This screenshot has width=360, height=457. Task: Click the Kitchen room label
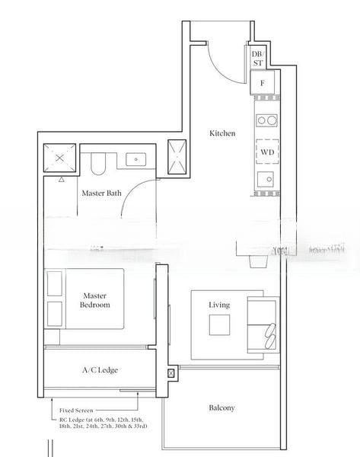pyautogui.click(x=222, y=133)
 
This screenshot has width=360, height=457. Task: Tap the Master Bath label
pyautogui.click(x=101, y=193)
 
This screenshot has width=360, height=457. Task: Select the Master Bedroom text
pyautogui.click(x=95, y=299)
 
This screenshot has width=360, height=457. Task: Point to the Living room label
pyautogui.click(x=219, y=305)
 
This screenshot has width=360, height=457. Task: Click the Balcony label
pyautogui.click(x=221, y=408)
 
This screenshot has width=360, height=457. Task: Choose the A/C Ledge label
pyautogui.click(x=100, y=370)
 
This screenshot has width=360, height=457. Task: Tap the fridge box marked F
pyautogui.click(x=262, y=82)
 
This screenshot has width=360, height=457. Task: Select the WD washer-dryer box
pyautogui.click(x=266, y=152)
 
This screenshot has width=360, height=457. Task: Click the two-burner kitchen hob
pyautogui.click(x=266, y=120)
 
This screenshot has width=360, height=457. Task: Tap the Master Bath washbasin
pyautogui.click(x=137, y=160)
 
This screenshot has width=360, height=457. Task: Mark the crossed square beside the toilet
pyautogui.click(x=59, y=159)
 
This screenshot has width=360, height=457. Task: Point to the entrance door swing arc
pyautogui.click(x=221, y=61)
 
